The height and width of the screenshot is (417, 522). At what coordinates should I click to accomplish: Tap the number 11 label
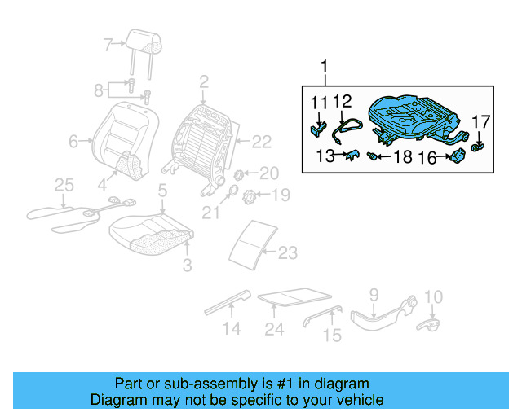point(318,102)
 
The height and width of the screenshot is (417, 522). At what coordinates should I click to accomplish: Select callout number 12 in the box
point(343,102)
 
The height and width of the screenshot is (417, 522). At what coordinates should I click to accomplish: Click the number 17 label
point(481,122)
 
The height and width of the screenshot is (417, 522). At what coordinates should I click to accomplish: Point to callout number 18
point(403,157)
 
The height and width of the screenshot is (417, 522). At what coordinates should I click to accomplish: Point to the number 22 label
point(260,143)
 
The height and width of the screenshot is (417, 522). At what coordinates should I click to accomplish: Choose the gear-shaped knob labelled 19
point(252,195)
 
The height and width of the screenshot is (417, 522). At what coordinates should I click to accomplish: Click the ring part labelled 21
point(231,194)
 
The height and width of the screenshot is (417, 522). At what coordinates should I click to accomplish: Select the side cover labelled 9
point(377,317)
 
